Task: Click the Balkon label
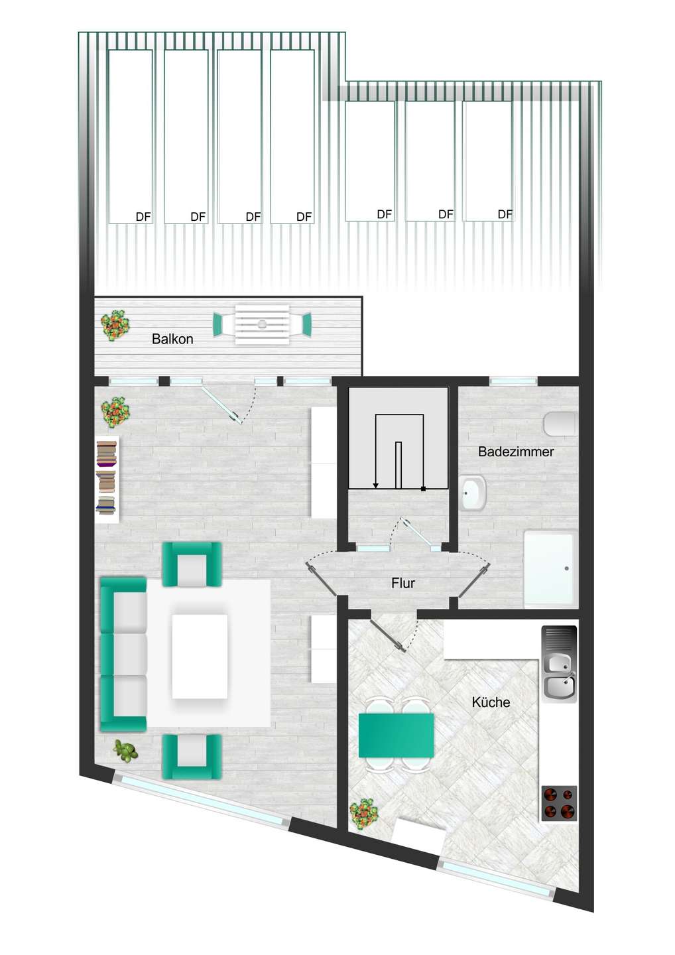(172, 339)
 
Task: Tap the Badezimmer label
(516, 452)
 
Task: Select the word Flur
(402, 583)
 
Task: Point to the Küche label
(491, 702)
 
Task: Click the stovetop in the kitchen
(558, 802)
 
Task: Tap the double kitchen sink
(559, 663)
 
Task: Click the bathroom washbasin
(472, 493)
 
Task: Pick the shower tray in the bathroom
(549, 568)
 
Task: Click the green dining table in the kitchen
(397, 735)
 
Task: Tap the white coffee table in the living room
(200, 656)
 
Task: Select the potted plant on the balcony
(115, 325)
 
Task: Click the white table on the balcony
(262, 324)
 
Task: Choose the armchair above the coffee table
(192, 564)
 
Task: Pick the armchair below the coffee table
(192, 756)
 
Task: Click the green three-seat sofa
(123, 654)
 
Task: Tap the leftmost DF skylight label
(143, 216)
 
